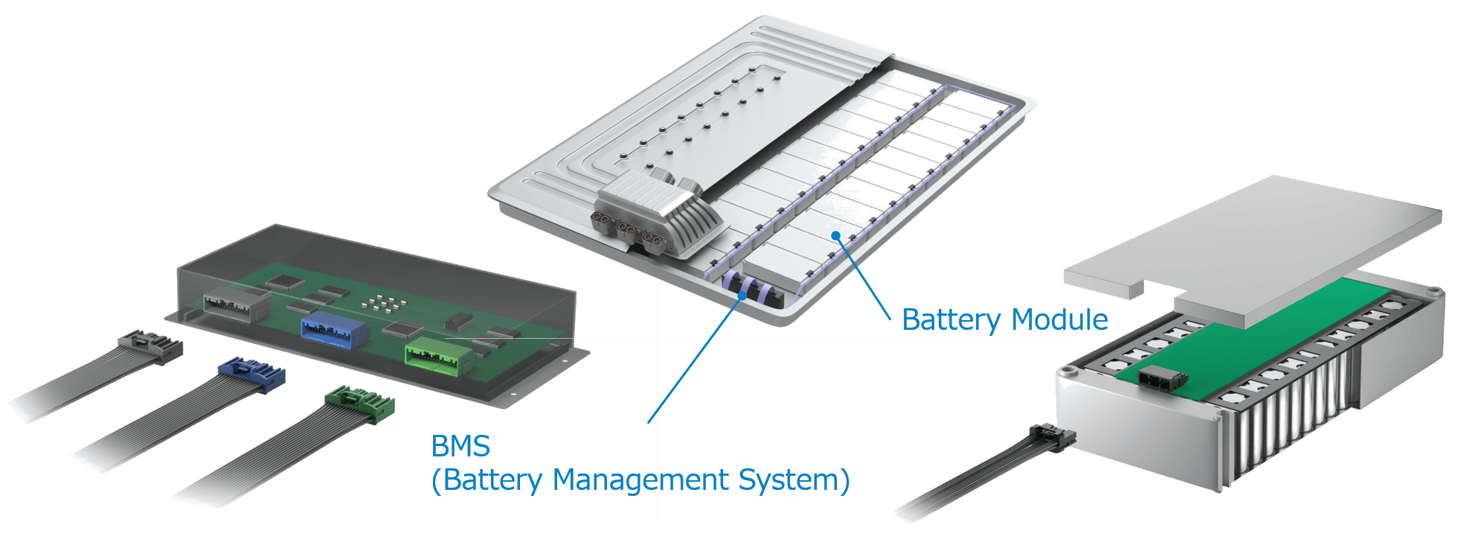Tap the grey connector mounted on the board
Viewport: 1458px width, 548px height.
click(235, 302)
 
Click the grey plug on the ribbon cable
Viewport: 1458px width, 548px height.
click(152, 348)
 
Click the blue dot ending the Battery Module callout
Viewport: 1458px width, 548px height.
click(837, 236)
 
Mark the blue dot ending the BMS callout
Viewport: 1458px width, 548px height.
click(742, 296)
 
